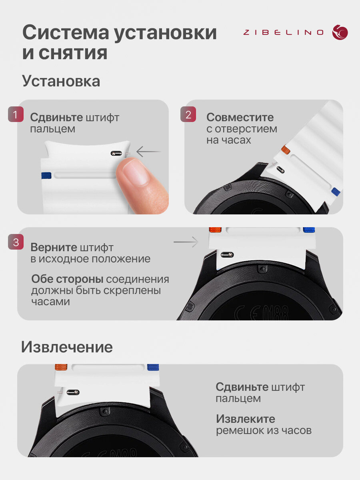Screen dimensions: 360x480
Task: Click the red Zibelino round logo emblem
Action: [340, 32]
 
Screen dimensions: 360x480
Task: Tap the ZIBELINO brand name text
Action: [284, 32]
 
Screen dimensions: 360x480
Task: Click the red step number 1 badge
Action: [16, 114]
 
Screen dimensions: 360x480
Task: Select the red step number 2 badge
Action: [188, 114]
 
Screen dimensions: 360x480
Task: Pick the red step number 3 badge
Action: [16, 242]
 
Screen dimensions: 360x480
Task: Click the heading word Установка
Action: [61, 81]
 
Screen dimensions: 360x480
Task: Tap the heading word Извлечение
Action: [67, 347]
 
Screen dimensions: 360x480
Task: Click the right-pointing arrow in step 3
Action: [186, 242]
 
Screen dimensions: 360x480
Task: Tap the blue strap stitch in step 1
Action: [46, 176]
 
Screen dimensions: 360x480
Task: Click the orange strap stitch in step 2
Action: [286, 150]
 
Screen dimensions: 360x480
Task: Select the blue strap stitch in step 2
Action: [336, 192]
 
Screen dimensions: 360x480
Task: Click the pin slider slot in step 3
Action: [227, 254]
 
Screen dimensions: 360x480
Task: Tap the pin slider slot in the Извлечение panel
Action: [73, 392]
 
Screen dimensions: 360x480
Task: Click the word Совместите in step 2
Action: [240, 118]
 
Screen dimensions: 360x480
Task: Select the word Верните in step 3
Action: [54, 247]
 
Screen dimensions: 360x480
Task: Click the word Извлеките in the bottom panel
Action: [246, 419]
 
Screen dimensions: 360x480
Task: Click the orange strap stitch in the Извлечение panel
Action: [61, 367]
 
